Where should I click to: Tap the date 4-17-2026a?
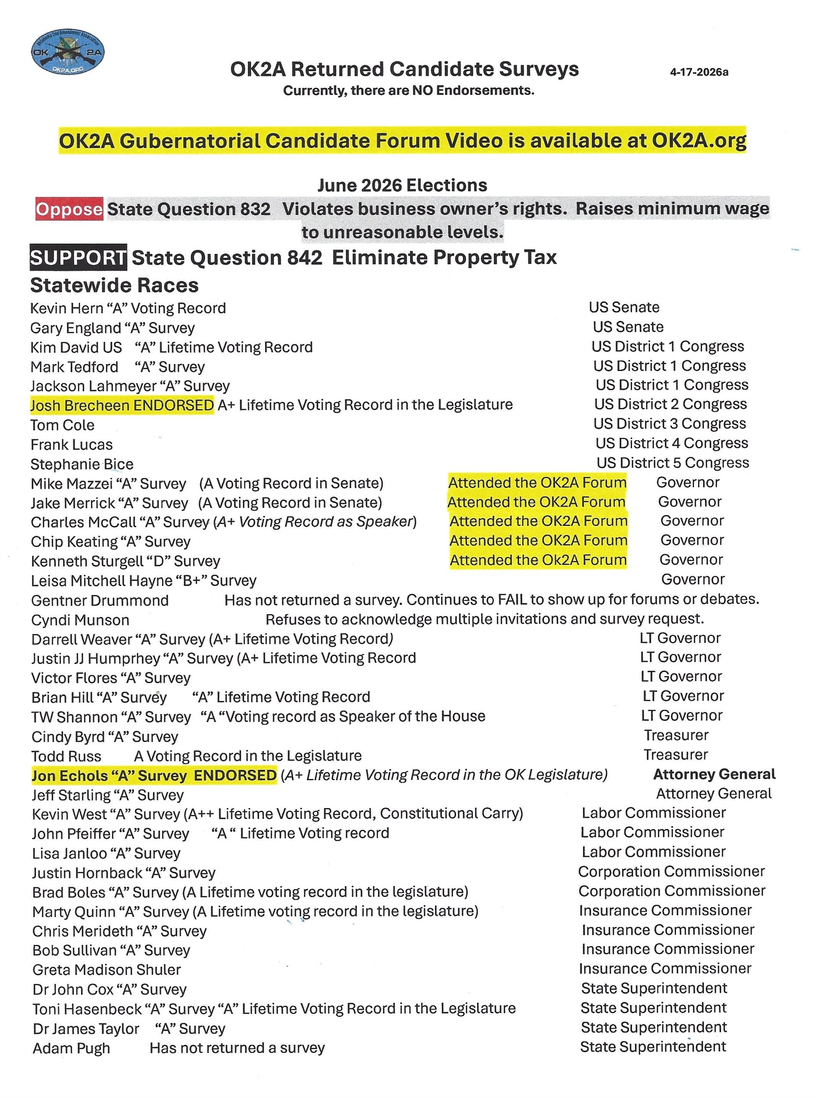pos(699,72)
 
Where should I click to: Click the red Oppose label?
pos(69,209)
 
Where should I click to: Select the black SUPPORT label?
pos(78,258)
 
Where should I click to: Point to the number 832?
pos(255,209)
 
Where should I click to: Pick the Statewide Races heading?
pos(114,285)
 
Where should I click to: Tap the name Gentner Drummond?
pos(100,600)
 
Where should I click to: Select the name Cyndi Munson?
pos(80,620)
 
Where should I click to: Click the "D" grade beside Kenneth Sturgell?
pos(160,561)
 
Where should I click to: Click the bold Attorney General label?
pos(714,774)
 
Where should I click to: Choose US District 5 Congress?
pos(673,463)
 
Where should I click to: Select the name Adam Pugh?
pos(71,1048)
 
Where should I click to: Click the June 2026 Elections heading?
pos(402,185)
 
